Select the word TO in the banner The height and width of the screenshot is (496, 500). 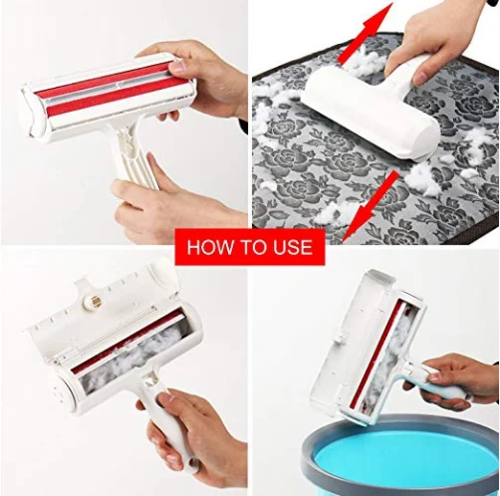tap(251, 247)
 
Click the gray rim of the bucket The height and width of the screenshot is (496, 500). tap(329, 438)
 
